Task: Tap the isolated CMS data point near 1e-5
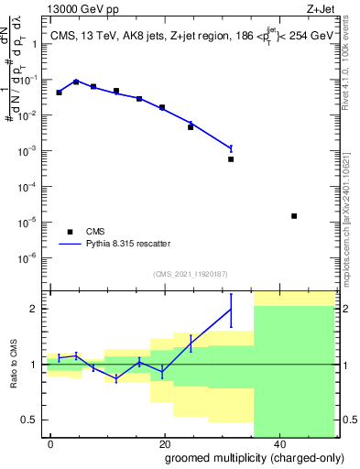coord(294,216)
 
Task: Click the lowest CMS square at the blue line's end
coord(231,159)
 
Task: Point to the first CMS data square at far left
coord(59,93)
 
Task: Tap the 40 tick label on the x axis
coord(278,445)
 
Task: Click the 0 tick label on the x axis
coord(51,445)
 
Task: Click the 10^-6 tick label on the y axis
coord(30,256)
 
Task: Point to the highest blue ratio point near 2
coord(231,309)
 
